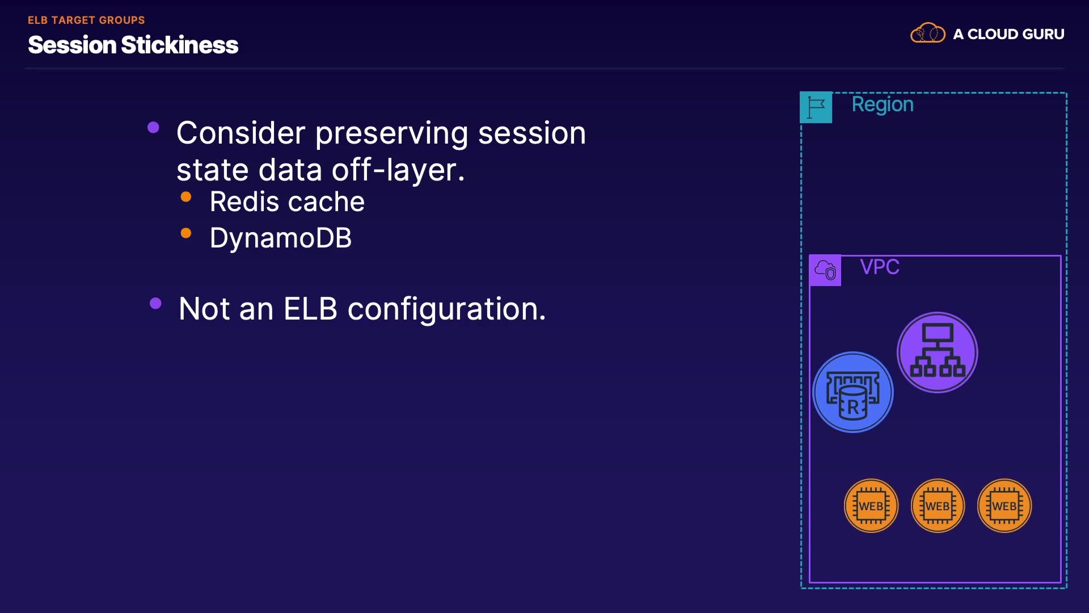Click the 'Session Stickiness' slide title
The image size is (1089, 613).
(133, 45)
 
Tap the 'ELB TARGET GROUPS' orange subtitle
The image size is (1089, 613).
(86, 20)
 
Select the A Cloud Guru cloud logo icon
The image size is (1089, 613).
(927, 33)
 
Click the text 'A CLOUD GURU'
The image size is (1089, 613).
(1008, 34)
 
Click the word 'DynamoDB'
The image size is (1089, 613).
(281, 238)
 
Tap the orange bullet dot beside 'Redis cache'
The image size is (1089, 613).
(186, 197)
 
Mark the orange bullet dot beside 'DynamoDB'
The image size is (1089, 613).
(186, 233)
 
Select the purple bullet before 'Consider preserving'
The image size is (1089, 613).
(153, 127)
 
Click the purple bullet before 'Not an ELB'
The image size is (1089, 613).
(155, 303)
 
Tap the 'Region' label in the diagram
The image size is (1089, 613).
(883, 104)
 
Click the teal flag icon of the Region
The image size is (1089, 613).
(816, 107)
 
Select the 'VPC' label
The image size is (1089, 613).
(880, 267)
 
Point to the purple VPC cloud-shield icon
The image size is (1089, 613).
(825, 270)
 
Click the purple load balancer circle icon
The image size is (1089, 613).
(937, 352)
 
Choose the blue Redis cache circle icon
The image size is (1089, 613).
(852, 392)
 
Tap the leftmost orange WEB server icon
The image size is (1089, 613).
(871, 506)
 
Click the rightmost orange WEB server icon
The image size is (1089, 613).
(1004, 506)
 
